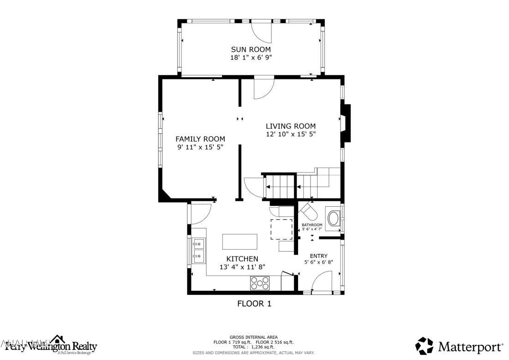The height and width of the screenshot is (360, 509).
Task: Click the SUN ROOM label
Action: coord(251,49)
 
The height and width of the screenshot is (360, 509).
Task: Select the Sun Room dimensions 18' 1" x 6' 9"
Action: coord(251,58)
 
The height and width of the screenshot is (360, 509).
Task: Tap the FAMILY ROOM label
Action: coord(200,139)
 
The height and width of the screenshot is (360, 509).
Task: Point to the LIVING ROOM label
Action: coord(290,126)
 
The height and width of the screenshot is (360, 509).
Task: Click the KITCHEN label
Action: coord(242,259)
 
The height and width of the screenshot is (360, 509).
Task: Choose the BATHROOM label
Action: coord(312,225)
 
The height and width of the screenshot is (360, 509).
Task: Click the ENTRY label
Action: coord(318,256)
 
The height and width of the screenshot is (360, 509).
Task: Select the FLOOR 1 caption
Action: coord(254,303)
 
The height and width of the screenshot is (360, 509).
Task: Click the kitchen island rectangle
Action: coord(240,241)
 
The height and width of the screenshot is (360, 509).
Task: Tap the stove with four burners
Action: coord(260,283)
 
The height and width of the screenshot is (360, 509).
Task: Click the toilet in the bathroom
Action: coord(308,213)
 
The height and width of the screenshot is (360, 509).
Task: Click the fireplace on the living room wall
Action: coord(346,124)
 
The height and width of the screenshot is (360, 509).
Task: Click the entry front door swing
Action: coord(322,282)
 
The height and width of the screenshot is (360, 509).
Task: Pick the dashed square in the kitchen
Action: coord(281,229)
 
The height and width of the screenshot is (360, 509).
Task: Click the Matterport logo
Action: coord(459,346)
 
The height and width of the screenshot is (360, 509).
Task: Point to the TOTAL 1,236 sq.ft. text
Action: coord(253,347)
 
